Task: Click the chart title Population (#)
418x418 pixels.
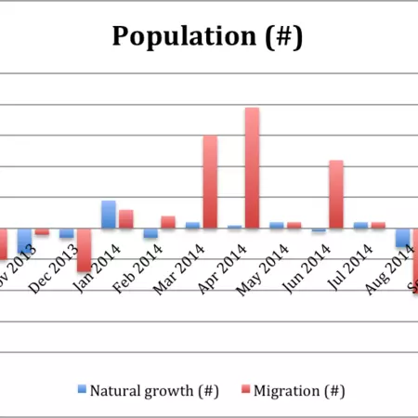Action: click(x=207, y=36)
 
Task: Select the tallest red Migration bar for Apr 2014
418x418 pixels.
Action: click(x=252, y=168)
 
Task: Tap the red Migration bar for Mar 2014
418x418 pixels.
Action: click(x=210, y=182)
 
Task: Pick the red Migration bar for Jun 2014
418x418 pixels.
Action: click(x=336, y=194)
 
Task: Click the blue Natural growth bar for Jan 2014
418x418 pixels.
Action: click(x=109, y=215)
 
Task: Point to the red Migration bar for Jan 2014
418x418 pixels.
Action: click(x=125, y=219)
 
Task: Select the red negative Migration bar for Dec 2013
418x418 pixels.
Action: click(x=84, y=250)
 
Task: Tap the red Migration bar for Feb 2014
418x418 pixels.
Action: click(x=168, y=222)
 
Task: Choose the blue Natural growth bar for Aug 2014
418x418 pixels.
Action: click(x=402, y=238)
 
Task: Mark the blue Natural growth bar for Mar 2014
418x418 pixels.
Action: click(x=192, y=225)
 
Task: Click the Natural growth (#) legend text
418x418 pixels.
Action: click(x=153, y=391)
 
